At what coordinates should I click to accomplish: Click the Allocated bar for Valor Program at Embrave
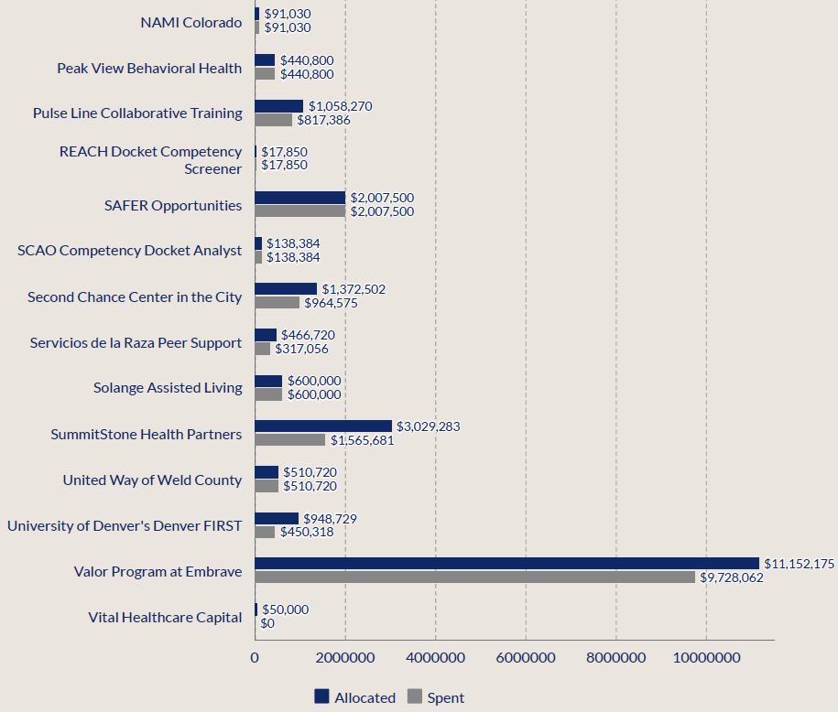click(506, 564)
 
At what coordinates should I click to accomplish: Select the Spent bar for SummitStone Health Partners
click(290, 440)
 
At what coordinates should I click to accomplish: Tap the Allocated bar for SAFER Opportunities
click(299, 198)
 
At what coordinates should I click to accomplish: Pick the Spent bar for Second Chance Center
click(277, 303)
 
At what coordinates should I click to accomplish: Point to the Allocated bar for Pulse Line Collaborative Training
click(278, 106)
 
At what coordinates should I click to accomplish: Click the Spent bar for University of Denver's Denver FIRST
click(265, 532)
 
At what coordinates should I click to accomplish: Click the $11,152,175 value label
click(800, 564)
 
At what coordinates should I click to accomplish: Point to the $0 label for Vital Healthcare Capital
click(267, 623)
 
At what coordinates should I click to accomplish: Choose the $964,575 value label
click(331, 303)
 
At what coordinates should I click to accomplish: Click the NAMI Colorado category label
click(191, 22)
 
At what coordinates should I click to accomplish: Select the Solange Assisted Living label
click(168, 387)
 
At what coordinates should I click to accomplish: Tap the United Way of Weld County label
click(152, 480)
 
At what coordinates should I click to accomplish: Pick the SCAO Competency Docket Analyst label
click(130, 250)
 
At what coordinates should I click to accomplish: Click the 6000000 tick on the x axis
click(526, 657)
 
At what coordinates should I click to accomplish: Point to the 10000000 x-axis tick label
click(706, 657)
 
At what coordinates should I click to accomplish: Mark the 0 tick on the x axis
click(255, 657)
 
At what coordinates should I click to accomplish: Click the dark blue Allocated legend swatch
click(321, 696)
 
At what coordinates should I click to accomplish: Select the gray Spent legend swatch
click(414, 696)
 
